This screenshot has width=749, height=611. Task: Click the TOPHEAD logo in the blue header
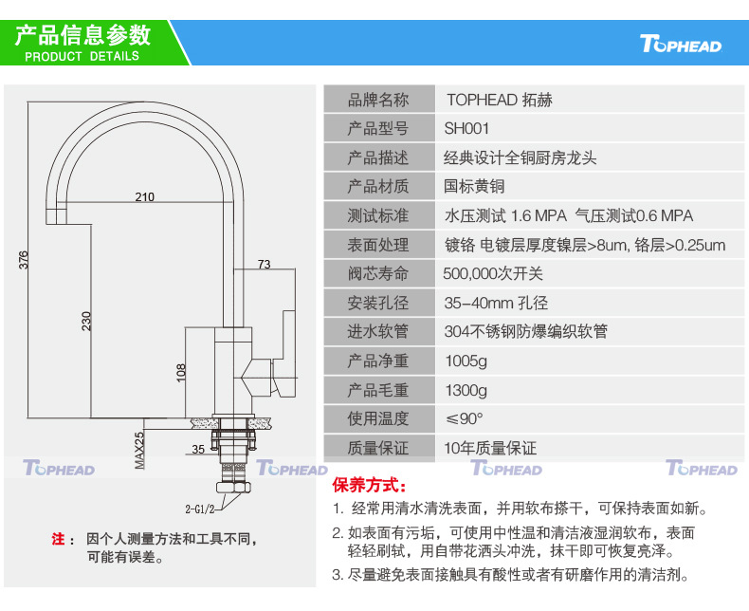coord(681,45)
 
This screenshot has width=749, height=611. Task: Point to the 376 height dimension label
coord(24,259)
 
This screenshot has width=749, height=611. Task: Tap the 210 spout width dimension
coord(144,197)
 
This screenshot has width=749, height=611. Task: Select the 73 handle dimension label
coord(264,264)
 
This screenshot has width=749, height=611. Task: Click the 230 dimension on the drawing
coord(87,321)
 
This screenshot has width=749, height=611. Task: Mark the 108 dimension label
coord(182,371)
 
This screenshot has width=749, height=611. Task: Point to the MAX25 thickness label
coord(138,451)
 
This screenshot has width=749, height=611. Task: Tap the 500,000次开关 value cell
coord(493,274)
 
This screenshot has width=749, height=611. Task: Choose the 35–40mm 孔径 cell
coord(496,304)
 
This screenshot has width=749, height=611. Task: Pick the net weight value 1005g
coord(466,361)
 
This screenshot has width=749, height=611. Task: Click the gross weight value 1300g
coord(466,390)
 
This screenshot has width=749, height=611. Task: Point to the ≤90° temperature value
coord(464,418)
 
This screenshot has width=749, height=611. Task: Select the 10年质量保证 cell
coord(490,448)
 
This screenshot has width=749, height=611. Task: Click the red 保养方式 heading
coord(369,486)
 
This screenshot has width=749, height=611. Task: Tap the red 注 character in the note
coord(58,539)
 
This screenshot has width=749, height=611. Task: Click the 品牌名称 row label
coord(378,100)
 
